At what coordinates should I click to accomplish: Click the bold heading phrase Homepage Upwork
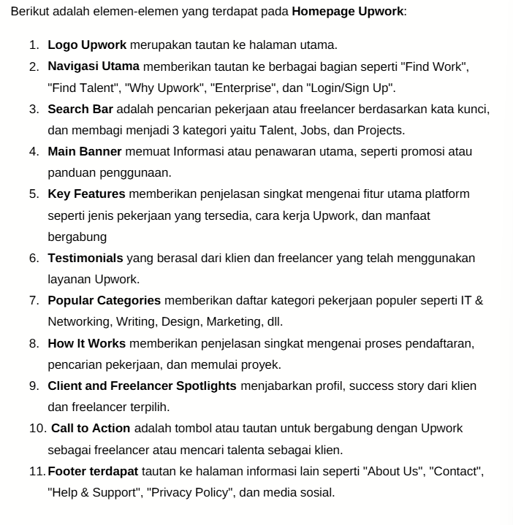pos(347,12)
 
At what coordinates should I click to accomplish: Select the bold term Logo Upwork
pos(87,45)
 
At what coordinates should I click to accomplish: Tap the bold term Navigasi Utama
pos(94,66)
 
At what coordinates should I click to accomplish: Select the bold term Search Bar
pos(80,110)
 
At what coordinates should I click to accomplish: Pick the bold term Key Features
pos(86,194)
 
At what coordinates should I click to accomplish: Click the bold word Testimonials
pos(85,258)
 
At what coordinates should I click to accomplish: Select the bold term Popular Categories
pos(104,300)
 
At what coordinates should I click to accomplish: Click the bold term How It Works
pos(86,343)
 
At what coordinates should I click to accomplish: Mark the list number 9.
pos(34,386)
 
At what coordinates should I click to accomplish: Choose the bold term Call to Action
pos(91,428)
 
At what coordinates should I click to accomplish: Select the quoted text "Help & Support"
pos(94,492)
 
